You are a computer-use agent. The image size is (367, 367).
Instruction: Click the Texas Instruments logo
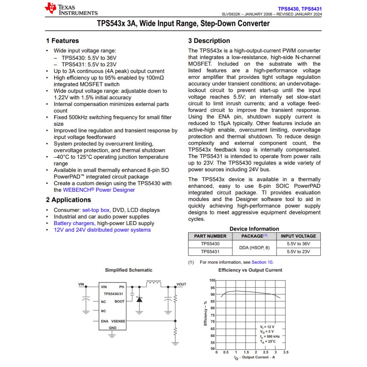point(71,9)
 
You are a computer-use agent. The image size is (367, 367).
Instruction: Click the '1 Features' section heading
point(62,41)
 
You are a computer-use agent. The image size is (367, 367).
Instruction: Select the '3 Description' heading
point(209,41)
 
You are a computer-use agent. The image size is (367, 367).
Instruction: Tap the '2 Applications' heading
point(68,200)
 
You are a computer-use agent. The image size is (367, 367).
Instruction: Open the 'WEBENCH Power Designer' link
point(99,190)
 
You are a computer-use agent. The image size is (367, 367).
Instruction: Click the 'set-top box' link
point(96,210)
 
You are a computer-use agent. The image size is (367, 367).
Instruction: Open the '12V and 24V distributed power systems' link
point(102,230)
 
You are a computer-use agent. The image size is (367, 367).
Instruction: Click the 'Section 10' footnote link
point(262,262)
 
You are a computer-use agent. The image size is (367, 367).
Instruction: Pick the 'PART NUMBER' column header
point(210,236)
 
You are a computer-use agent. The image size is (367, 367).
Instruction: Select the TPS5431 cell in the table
point(210,252)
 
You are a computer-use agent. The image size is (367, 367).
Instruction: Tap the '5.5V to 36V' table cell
point(298,244)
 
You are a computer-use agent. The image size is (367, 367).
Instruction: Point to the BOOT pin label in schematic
point(119,302)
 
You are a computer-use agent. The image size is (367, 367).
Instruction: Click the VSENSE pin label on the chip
point(118,321)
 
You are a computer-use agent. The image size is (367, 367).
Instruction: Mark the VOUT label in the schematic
point(181,285)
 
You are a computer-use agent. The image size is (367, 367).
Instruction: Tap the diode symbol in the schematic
point(139,299)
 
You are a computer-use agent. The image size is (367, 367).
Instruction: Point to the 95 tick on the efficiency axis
point(213,288)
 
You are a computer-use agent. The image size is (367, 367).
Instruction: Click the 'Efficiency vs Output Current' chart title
point(250,270)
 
